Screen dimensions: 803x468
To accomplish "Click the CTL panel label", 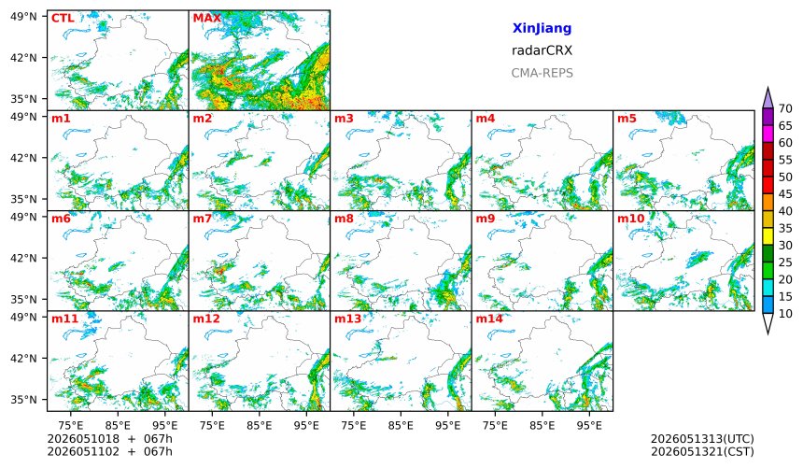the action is tap(63, 19).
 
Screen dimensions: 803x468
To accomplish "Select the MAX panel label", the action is tap(207, 19).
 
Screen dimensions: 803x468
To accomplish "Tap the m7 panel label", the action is tap(202, 219).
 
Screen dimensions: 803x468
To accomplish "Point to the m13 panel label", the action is tap(347, 319).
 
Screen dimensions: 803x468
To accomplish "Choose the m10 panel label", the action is tap(630, 219).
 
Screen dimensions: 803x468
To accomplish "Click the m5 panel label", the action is tap(627, 119).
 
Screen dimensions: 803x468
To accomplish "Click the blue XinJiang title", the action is tap(542, 29).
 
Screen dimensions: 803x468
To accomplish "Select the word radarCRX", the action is tap(542, 50).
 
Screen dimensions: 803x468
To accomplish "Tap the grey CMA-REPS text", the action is tap(542, 73).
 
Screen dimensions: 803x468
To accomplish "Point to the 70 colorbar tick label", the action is tap(785, 108).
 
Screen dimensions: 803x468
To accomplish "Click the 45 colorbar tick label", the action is tap(785, 194).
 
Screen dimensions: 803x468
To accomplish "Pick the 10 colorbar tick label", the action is tap(785, 314).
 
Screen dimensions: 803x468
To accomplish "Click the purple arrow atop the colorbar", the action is tap(768, 98).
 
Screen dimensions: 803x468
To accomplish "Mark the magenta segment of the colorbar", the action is tap(768, 134).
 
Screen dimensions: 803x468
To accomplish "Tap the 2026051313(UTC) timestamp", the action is tap(702, 439).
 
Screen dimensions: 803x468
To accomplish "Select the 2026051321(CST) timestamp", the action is tap(702, 452).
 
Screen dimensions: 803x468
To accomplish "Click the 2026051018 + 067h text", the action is tap(109, 439).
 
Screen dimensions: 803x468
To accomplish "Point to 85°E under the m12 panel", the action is tap(260, 425).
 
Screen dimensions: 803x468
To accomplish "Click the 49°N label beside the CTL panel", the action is tap(23, 17).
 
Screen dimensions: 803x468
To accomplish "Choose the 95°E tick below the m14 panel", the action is tap(589, 425).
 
